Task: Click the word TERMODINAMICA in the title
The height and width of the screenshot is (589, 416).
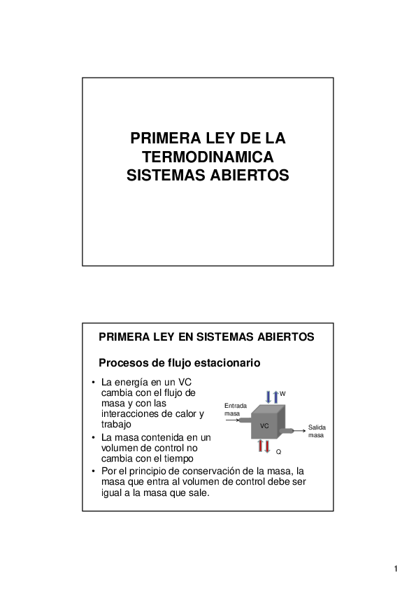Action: coord(208,157)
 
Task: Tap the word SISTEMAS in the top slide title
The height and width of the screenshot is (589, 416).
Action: coord(163,176)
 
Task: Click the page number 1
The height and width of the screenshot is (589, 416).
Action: coord(396,568)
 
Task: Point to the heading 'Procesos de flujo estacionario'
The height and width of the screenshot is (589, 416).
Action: coord(179,363)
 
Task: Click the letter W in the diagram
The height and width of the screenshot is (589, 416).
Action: coord(282,395)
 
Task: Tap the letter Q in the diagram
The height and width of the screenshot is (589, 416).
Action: coord(278,453)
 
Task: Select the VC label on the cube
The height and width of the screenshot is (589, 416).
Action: coord(264,425)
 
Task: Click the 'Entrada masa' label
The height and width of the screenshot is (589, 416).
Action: coord(235,409)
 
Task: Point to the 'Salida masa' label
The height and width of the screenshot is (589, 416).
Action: coord(316,431)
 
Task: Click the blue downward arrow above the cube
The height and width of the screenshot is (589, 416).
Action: coord(268,396)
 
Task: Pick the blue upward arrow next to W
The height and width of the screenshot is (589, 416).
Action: coord(275,396)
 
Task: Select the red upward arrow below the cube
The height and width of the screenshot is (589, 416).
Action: coord(260,446)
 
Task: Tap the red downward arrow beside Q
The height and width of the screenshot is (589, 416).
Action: coord(266,446)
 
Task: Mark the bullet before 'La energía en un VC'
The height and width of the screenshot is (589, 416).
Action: coord(93,383)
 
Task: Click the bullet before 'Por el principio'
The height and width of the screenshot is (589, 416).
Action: coord(93,471)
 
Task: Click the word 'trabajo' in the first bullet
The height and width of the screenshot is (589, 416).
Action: coord(117,424)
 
